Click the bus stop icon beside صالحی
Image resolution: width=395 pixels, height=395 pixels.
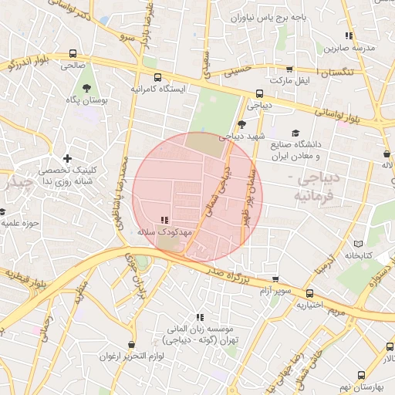[73, 54]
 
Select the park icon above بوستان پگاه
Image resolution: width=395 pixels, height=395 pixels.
[86, 88]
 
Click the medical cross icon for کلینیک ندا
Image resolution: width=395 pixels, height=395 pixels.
[68, 158]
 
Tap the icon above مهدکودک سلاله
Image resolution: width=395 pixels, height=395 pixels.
[164, 220]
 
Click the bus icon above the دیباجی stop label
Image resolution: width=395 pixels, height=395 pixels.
[258, 94]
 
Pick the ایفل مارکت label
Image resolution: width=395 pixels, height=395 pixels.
[289, 81]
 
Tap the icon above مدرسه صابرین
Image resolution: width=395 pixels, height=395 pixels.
[349, 35]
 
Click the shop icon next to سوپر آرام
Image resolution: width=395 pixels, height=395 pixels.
[275, 279]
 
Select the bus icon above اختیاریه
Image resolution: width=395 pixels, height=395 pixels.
[310, 293]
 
